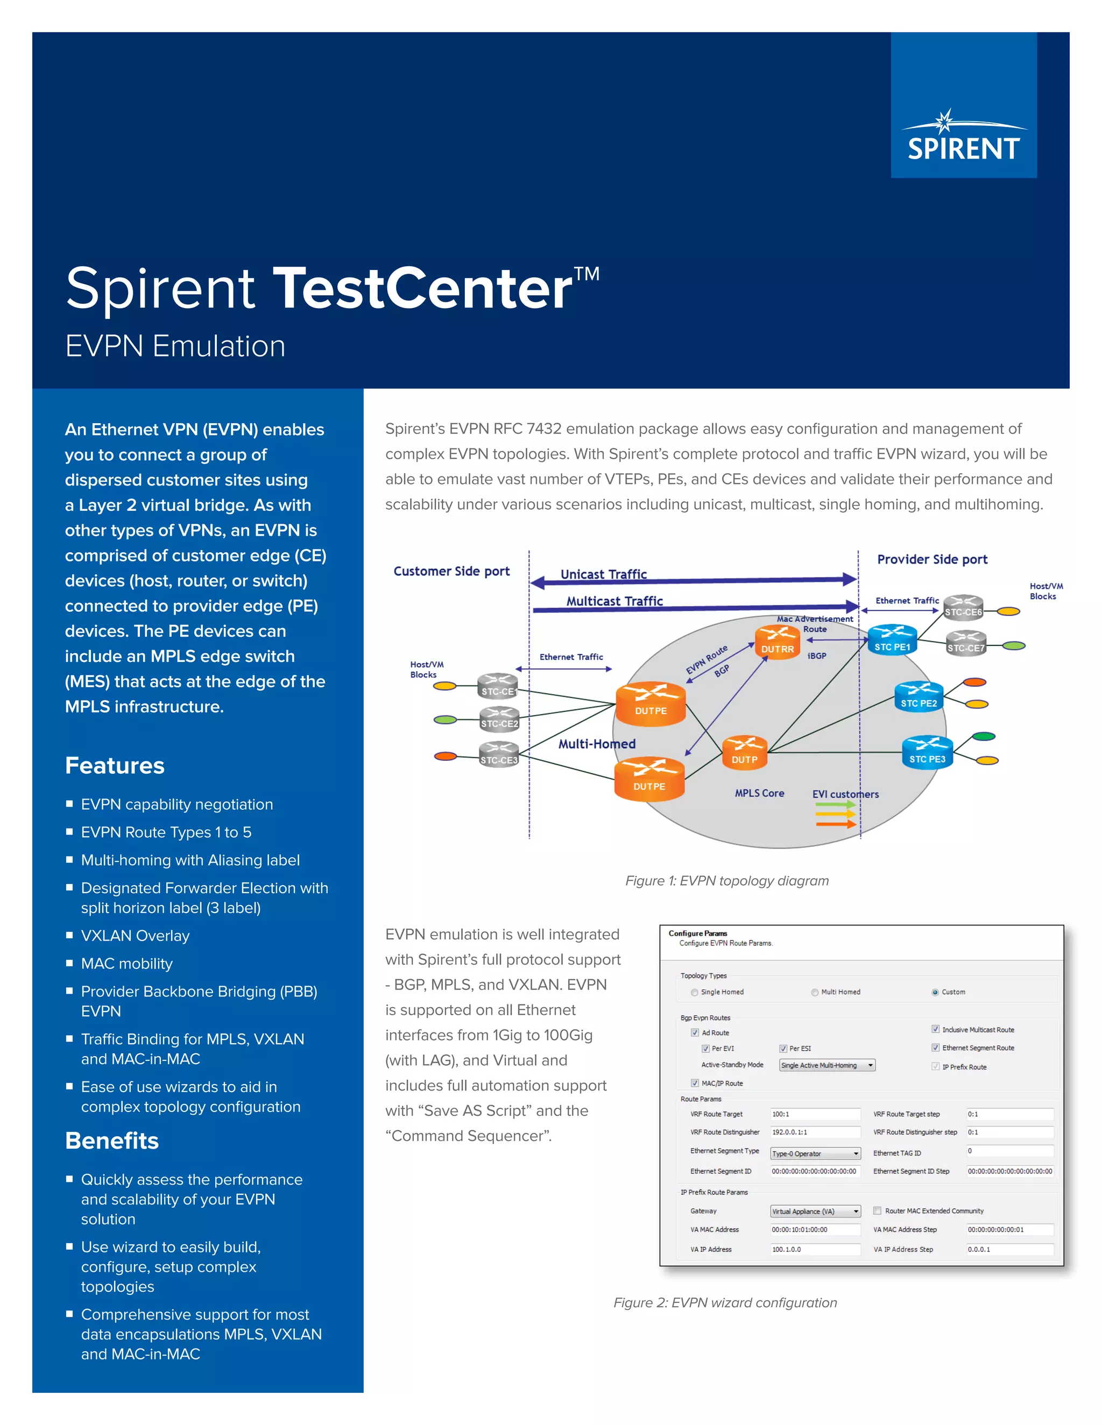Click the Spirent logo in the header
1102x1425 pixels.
click(x=964, y=138)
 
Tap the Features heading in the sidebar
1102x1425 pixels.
click(x=115, y=765)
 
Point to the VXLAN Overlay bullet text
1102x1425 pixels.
click(x=135, y=936)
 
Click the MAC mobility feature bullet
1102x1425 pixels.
click(x=126, y=964)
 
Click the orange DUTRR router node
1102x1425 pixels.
click(x=777, y=642)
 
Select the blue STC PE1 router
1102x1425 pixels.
click(x=892, y=639)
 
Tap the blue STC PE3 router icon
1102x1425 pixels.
click(x=927, y=752)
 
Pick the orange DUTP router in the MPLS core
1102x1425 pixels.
click(x=744, y=752)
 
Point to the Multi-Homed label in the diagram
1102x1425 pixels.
click(x=597, y=744)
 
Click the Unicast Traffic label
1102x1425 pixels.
click(x=603, y=574)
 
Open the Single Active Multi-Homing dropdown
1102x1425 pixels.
click(x=826, y=1065)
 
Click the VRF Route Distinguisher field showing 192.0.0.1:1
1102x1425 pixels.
click(x=815, y=1132)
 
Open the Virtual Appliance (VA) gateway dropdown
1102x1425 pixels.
click(x=815, y=1211)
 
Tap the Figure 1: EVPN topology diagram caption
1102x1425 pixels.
click(x=726, y=881)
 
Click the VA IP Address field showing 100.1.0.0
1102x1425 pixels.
click(x=815, y=1250)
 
